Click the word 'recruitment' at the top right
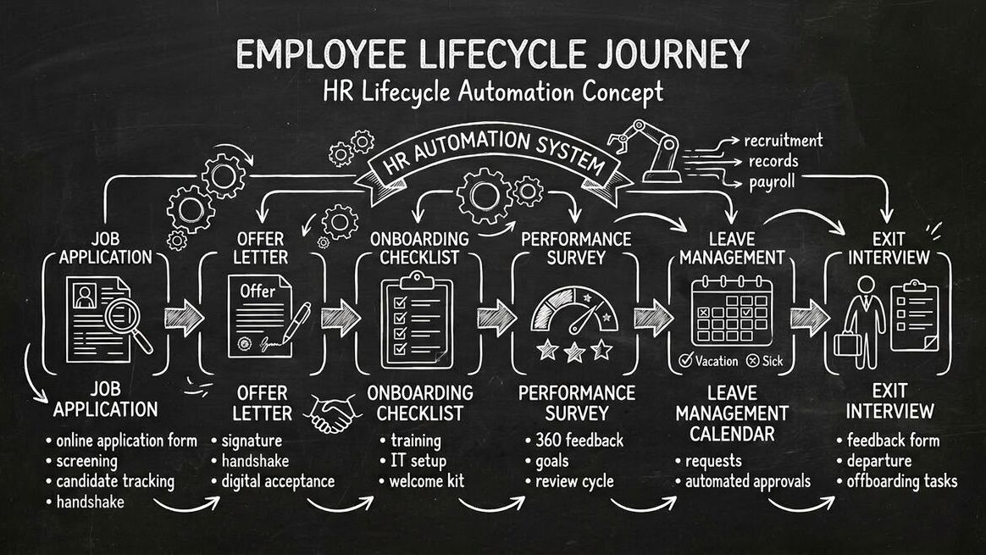click(784, 140)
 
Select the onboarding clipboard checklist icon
click(416, 320)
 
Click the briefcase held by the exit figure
click(847, 343)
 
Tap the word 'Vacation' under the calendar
click(717, 361)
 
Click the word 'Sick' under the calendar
click(773, 361)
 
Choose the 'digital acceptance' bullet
click(278, 481)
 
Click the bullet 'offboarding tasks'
click(902, 481)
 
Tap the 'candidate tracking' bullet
click(115, 481)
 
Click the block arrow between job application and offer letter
click(184, 317)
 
